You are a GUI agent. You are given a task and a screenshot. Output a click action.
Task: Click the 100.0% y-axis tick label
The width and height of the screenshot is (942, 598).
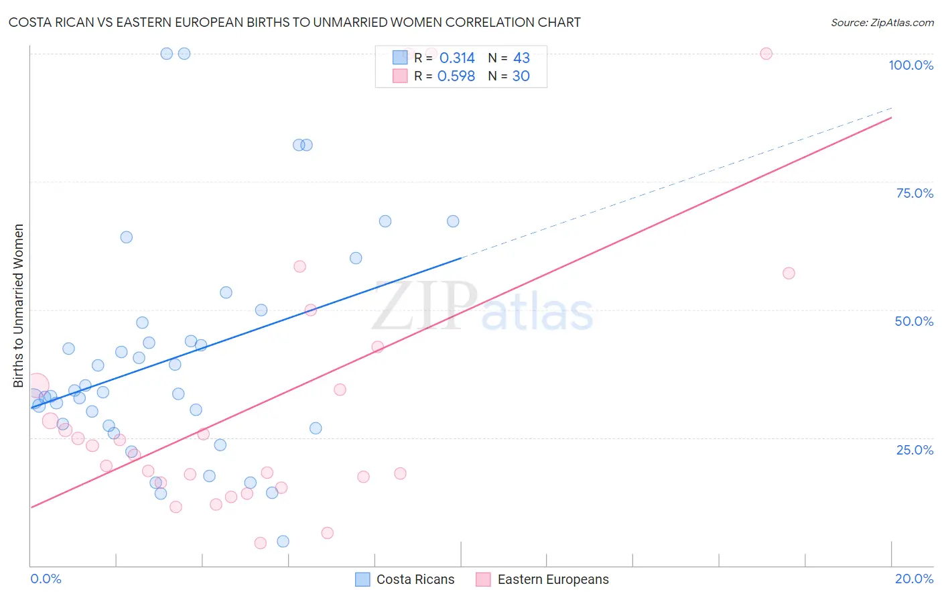[x=911, y=65]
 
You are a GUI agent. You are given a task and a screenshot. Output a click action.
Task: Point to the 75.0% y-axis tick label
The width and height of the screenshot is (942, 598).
[x=915, y=193]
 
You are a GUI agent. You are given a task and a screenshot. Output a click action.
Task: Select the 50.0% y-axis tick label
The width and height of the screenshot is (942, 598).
[x=914, y=321]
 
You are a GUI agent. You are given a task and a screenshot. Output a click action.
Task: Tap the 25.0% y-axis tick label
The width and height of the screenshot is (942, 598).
[x=915, y=450]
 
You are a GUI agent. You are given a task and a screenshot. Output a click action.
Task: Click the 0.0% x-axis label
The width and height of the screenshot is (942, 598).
[x=46, y=579]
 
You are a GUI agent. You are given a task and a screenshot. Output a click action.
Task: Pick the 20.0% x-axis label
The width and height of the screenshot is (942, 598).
[x=914, y=579]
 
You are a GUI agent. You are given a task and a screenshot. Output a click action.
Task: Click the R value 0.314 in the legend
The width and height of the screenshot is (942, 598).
[x=457, y=58]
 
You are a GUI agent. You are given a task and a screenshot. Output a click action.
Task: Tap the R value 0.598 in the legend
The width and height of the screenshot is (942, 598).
[x=456, y=76]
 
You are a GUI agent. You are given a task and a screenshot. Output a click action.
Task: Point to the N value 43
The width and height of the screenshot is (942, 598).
[x=521, y=58]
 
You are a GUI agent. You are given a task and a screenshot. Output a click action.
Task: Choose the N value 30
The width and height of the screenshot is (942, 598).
[x=521, y=76]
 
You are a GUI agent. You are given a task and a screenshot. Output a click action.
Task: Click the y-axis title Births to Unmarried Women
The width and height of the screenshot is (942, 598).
[x=18, y=306]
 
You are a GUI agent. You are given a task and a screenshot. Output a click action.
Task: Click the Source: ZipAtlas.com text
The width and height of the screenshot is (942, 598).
[x=882, y=22]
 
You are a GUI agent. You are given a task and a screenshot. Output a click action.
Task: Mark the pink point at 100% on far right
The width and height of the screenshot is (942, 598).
[x=766, y=54]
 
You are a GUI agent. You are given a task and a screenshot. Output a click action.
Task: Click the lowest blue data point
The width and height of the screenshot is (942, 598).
[x=283, y=541]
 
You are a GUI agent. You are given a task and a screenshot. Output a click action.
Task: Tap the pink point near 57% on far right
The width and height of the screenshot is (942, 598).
[x=789, y=273]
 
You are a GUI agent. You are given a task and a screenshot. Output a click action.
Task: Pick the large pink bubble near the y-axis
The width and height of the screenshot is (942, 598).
[x=37, y=385]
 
